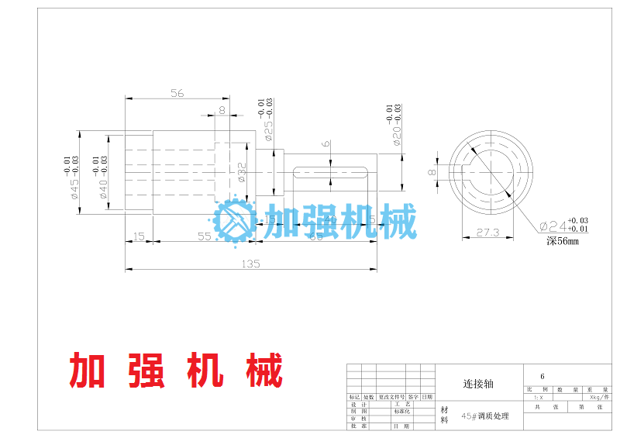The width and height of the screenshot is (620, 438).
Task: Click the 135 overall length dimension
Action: click(x=250, y=264)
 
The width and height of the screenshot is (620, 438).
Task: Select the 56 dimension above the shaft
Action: click(x=177, y=93)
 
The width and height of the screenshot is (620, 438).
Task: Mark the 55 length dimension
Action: click(x=204, y=236)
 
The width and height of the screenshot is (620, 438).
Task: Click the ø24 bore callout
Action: click(x=553, y=226)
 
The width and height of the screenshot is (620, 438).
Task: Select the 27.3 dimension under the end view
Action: click(x=487, y=232)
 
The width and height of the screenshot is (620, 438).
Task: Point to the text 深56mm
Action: click(x=562, y=241)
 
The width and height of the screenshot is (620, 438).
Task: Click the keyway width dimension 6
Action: click(x=326, y=143)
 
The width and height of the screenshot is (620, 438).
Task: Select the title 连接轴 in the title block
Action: click(x=478, y=384)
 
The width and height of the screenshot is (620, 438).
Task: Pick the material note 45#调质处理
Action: click(x=485, y=416)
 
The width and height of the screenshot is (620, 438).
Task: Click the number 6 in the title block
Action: click(x=531, y=376)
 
